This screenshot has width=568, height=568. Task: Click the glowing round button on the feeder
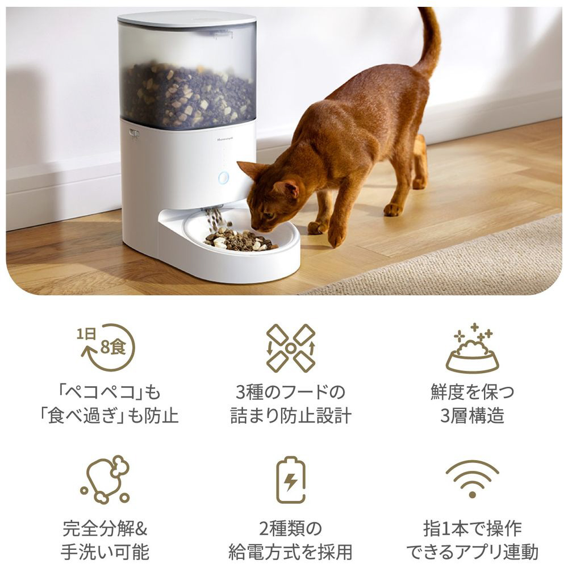click(x=223, y=178)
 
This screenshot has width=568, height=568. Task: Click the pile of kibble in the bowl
click(x=240, y=240)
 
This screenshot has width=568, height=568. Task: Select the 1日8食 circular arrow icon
click(x=107, y=347)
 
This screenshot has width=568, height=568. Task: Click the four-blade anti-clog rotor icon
click(x=290, y=348)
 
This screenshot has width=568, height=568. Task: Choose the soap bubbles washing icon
click(x=105, y=479)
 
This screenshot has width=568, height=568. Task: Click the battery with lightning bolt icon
click(x=290, y=480)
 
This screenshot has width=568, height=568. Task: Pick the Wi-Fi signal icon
click(x=472, y=479)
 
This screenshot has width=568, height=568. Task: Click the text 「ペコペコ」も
click(x=110, y=392)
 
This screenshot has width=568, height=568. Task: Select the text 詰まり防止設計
click(x=291, y=416)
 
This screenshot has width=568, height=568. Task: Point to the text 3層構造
click(x=472, y=416)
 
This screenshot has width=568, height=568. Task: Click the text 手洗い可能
click(x=105, y=552)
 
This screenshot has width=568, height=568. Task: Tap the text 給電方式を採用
click(x=290, y=552)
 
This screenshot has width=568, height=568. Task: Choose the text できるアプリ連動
click(x=472, y=552)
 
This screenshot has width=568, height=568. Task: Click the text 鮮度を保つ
click(x=472, y=392)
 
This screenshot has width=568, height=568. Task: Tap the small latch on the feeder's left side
click(x=133, y=135)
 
